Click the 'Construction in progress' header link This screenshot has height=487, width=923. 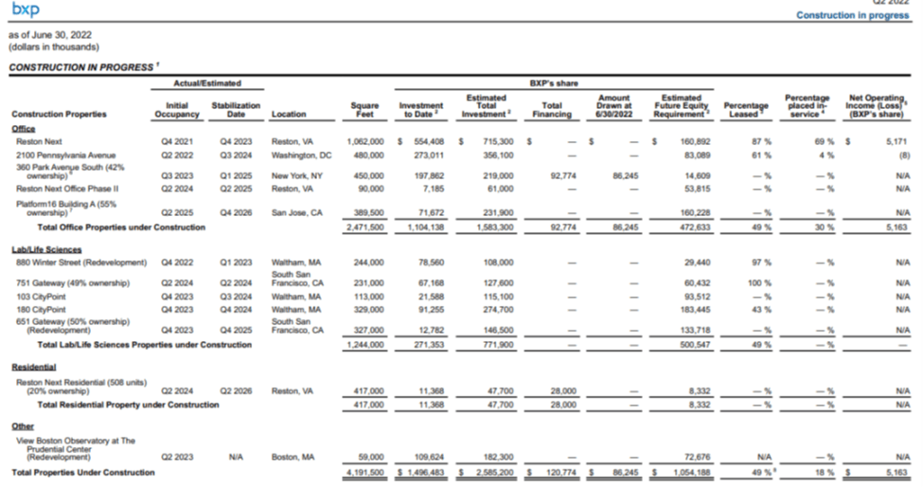click(852, 15)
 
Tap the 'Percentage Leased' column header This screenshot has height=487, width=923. click(745, 110)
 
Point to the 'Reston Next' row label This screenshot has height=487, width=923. click(39, 141)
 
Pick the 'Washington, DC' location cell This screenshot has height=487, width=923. click(301, 153)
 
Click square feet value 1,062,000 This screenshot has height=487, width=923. click(364, 141)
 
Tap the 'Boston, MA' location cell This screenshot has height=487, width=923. click(292, 457)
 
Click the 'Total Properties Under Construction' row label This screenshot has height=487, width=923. click(82, 472)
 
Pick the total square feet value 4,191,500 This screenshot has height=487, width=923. click(364, 472)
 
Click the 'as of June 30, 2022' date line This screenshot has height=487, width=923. click(56, 35)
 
